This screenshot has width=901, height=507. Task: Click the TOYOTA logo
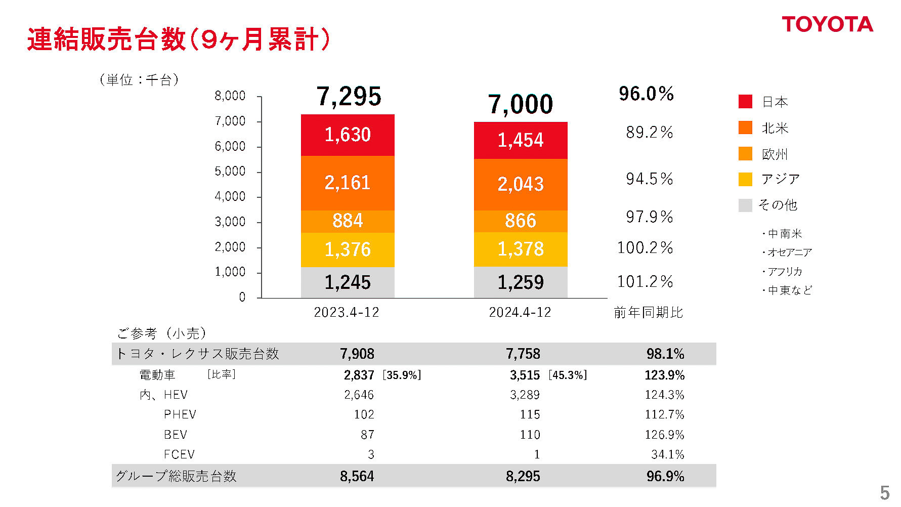click(x=827, y=24)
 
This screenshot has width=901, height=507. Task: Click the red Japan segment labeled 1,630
click(x=348, y=135)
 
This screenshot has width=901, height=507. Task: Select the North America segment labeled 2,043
click(x=521, y=184)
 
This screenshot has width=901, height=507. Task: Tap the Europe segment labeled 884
click(x=348, y=221)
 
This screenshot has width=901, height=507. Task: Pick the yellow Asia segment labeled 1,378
click(x=521, y=249)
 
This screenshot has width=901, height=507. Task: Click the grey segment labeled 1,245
click(x=348, y=282)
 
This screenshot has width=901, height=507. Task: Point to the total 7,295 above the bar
click(x=349, y=97)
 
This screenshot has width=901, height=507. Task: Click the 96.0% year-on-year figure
click(x=646, y=94)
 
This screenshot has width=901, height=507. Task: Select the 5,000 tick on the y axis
click(x=230, y=172)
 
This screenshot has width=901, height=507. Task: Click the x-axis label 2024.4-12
click(x=520, y=312)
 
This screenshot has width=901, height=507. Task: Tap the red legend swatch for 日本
click(x=745, y=102)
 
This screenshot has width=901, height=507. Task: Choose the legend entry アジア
click(x=780, y=179)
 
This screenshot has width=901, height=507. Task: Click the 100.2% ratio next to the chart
click(x=645, y=248)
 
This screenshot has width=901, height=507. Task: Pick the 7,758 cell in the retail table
click(x=523, y=354)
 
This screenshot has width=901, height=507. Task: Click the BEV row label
click(x=176, y=435)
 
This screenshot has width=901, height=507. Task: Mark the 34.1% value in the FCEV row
click(x=667, y=454)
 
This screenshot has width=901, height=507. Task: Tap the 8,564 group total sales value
click(x=357, y=476)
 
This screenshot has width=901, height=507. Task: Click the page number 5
click(x=884, y=493)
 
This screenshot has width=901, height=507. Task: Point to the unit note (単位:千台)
click(x=139, y=80)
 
